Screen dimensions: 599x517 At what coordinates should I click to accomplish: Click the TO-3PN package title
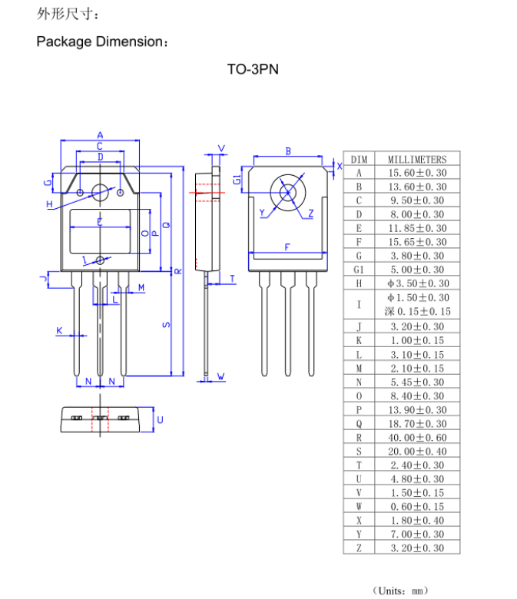point(252,69)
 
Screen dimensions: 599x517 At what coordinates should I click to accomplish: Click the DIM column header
point(359,159)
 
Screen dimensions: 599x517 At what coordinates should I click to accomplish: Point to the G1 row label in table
point(359,270)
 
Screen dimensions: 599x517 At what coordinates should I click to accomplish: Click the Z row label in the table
point(359,548)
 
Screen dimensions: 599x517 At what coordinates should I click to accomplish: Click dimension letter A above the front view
point(100,135)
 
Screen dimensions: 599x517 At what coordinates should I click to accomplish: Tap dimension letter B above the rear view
point(288,151)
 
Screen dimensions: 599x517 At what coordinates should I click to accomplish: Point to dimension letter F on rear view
point(287,247)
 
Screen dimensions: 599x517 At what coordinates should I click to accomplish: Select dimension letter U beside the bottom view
point(160,419)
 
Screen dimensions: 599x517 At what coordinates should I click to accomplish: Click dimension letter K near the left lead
point(58,330)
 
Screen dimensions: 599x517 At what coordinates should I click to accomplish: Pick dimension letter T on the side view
point(232,278)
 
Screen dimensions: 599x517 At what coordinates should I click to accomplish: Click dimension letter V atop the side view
point(222,147)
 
